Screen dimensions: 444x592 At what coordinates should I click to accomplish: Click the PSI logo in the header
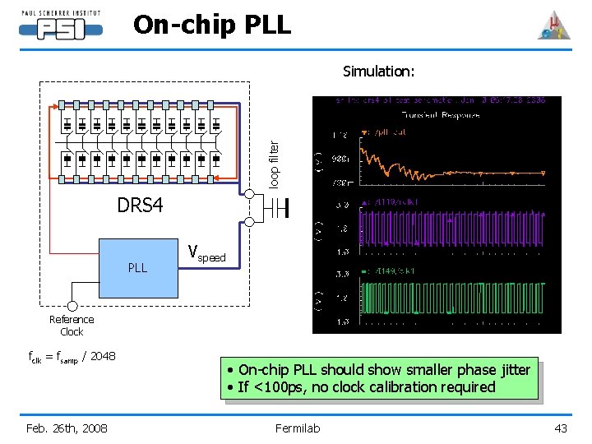[x=61, y=26]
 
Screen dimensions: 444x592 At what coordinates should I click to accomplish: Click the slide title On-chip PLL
[x=212, y=25]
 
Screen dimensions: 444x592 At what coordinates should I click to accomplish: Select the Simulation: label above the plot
[x=379, y=72]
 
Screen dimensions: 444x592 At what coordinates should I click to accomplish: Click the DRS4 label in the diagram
[x=139, y=205]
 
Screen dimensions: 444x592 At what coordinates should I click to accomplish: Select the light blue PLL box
[x=138, y=268]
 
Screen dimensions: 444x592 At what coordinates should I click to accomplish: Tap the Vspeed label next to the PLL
[x=206, y=253]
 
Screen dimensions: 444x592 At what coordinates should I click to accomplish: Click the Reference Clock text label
[x=72, y=326]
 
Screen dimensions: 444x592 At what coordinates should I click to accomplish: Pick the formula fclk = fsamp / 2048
[x=72, y=356]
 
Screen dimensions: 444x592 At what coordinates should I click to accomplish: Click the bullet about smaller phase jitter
[x=379, y=370]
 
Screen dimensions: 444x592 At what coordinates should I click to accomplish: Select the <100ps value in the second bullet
[x=275, y=387]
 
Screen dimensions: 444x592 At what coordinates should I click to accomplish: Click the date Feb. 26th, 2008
[x=67, y=428]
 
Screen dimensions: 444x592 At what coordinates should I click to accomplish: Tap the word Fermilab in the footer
[x=297, y=428]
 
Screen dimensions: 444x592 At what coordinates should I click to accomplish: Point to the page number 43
[x=561, y=428]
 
